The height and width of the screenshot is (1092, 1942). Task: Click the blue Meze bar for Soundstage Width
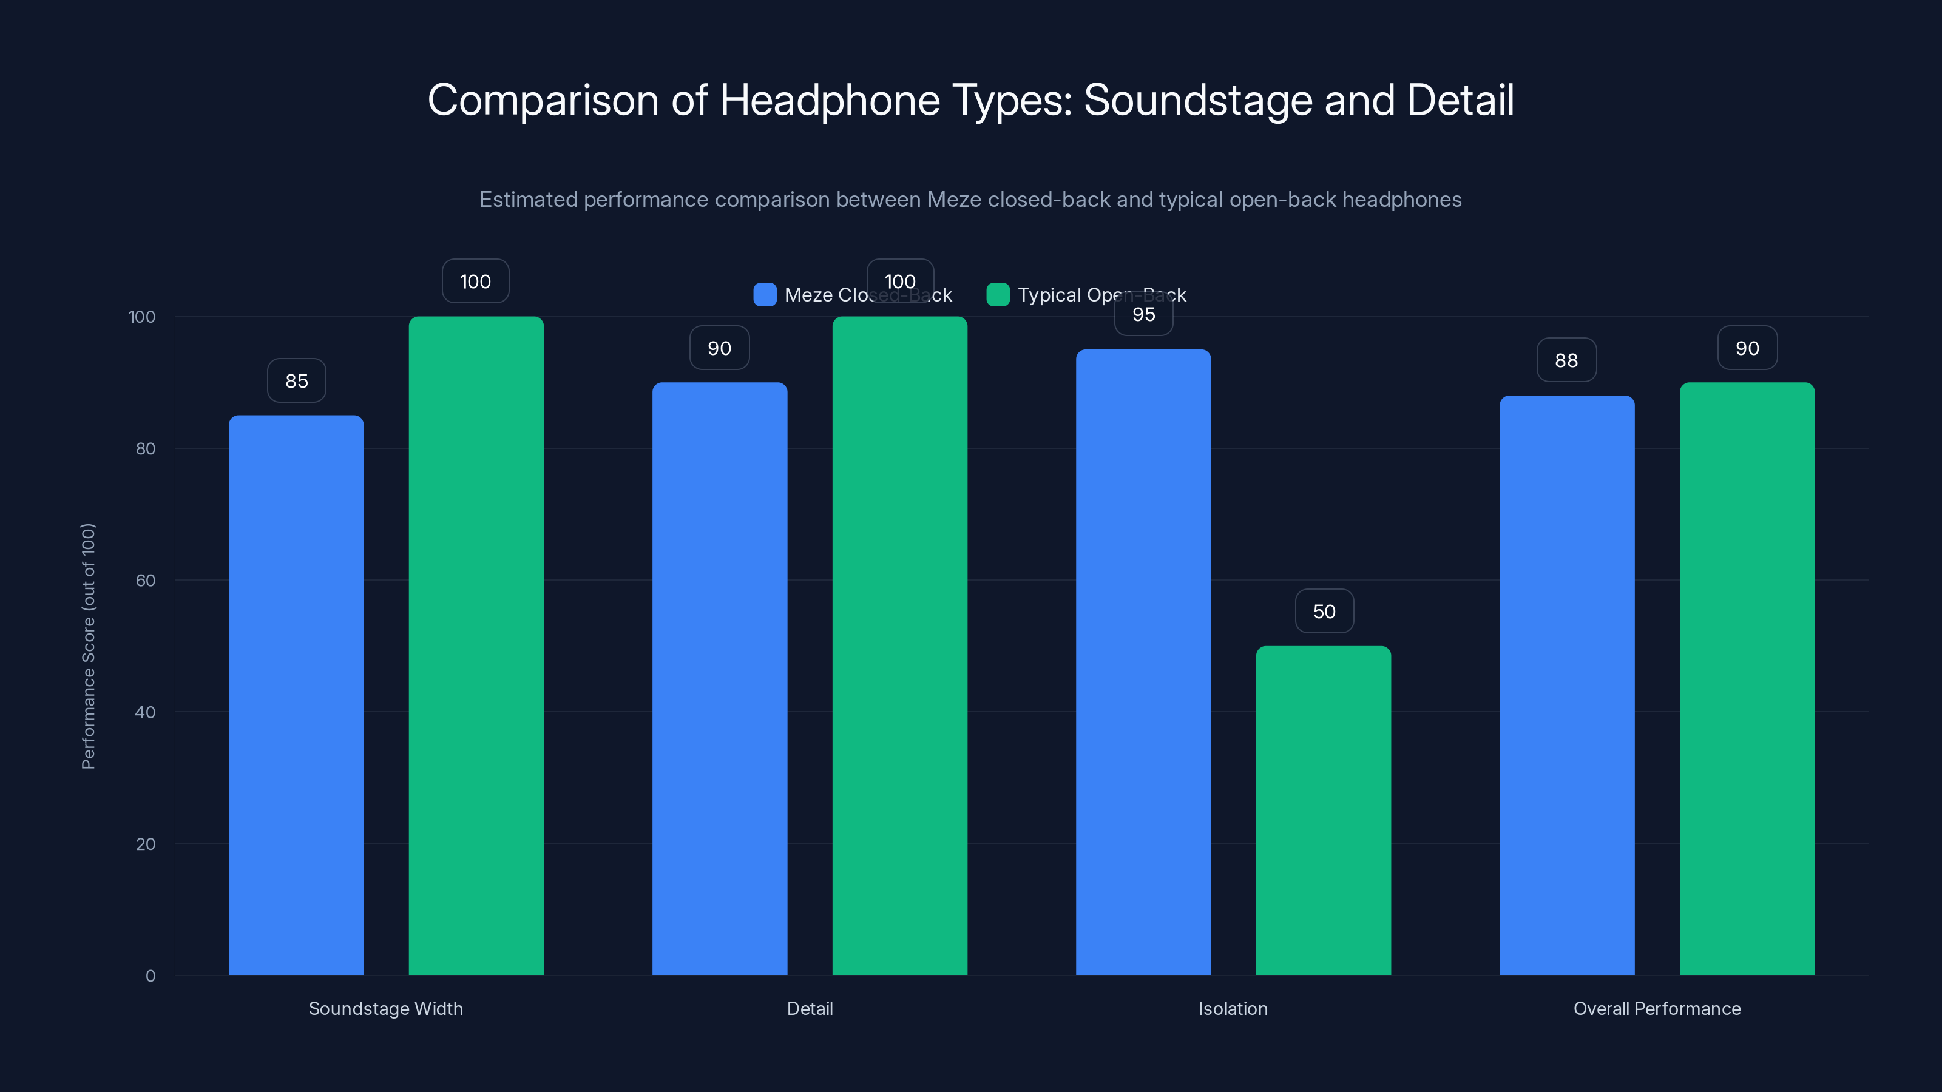[x=296, y=693]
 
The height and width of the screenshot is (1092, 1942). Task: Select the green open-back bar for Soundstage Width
[x=476, y=645]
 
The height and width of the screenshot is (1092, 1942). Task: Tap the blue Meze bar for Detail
[x=719, y=678]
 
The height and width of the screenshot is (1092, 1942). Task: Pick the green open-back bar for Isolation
[x=1323, y=810]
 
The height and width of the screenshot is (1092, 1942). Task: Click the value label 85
[x=296, y=380]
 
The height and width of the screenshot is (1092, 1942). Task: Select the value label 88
[x=1566, y=360]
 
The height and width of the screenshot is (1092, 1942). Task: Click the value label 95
[x=1143, y=315]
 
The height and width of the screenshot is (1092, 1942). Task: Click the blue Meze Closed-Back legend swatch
[x=765, y=295]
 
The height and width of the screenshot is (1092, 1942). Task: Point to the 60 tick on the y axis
[x=146, y=581]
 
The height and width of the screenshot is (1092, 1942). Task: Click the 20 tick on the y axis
[x=146, y=844]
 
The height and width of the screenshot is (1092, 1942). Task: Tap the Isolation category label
[x=1233, y=1008]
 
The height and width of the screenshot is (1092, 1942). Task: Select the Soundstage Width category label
[x=385, y=1008]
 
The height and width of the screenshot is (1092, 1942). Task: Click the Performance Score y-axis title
[x=88, y=646]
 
